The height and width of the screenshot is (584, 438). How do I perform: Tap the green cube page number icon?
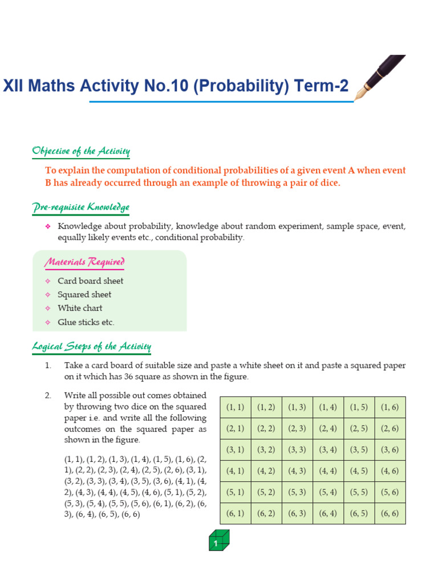(219, 541)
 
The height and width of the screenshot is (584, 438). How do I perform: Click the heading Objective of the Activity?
(81, 152)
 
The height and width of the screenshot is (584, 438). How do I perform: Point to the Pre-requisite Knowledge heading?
(80, 208)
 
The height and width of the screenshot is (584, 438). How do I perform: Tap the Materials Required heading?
(84, 262)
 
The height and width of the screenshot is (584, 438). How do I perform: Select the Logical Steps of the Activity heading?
(91, 346)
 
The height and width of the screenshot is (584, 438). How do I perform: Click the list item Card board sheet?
(90, 281)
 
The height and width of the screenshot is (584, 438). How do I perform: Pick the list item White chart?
(80, 308)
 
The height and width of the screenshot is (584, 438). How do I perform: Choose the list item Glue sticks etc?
(86, 322)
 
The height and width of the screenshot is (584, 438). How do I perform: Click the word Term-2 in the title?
(321, 86)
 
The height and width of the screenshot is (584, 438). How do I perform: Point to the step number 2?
(48, 395)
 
